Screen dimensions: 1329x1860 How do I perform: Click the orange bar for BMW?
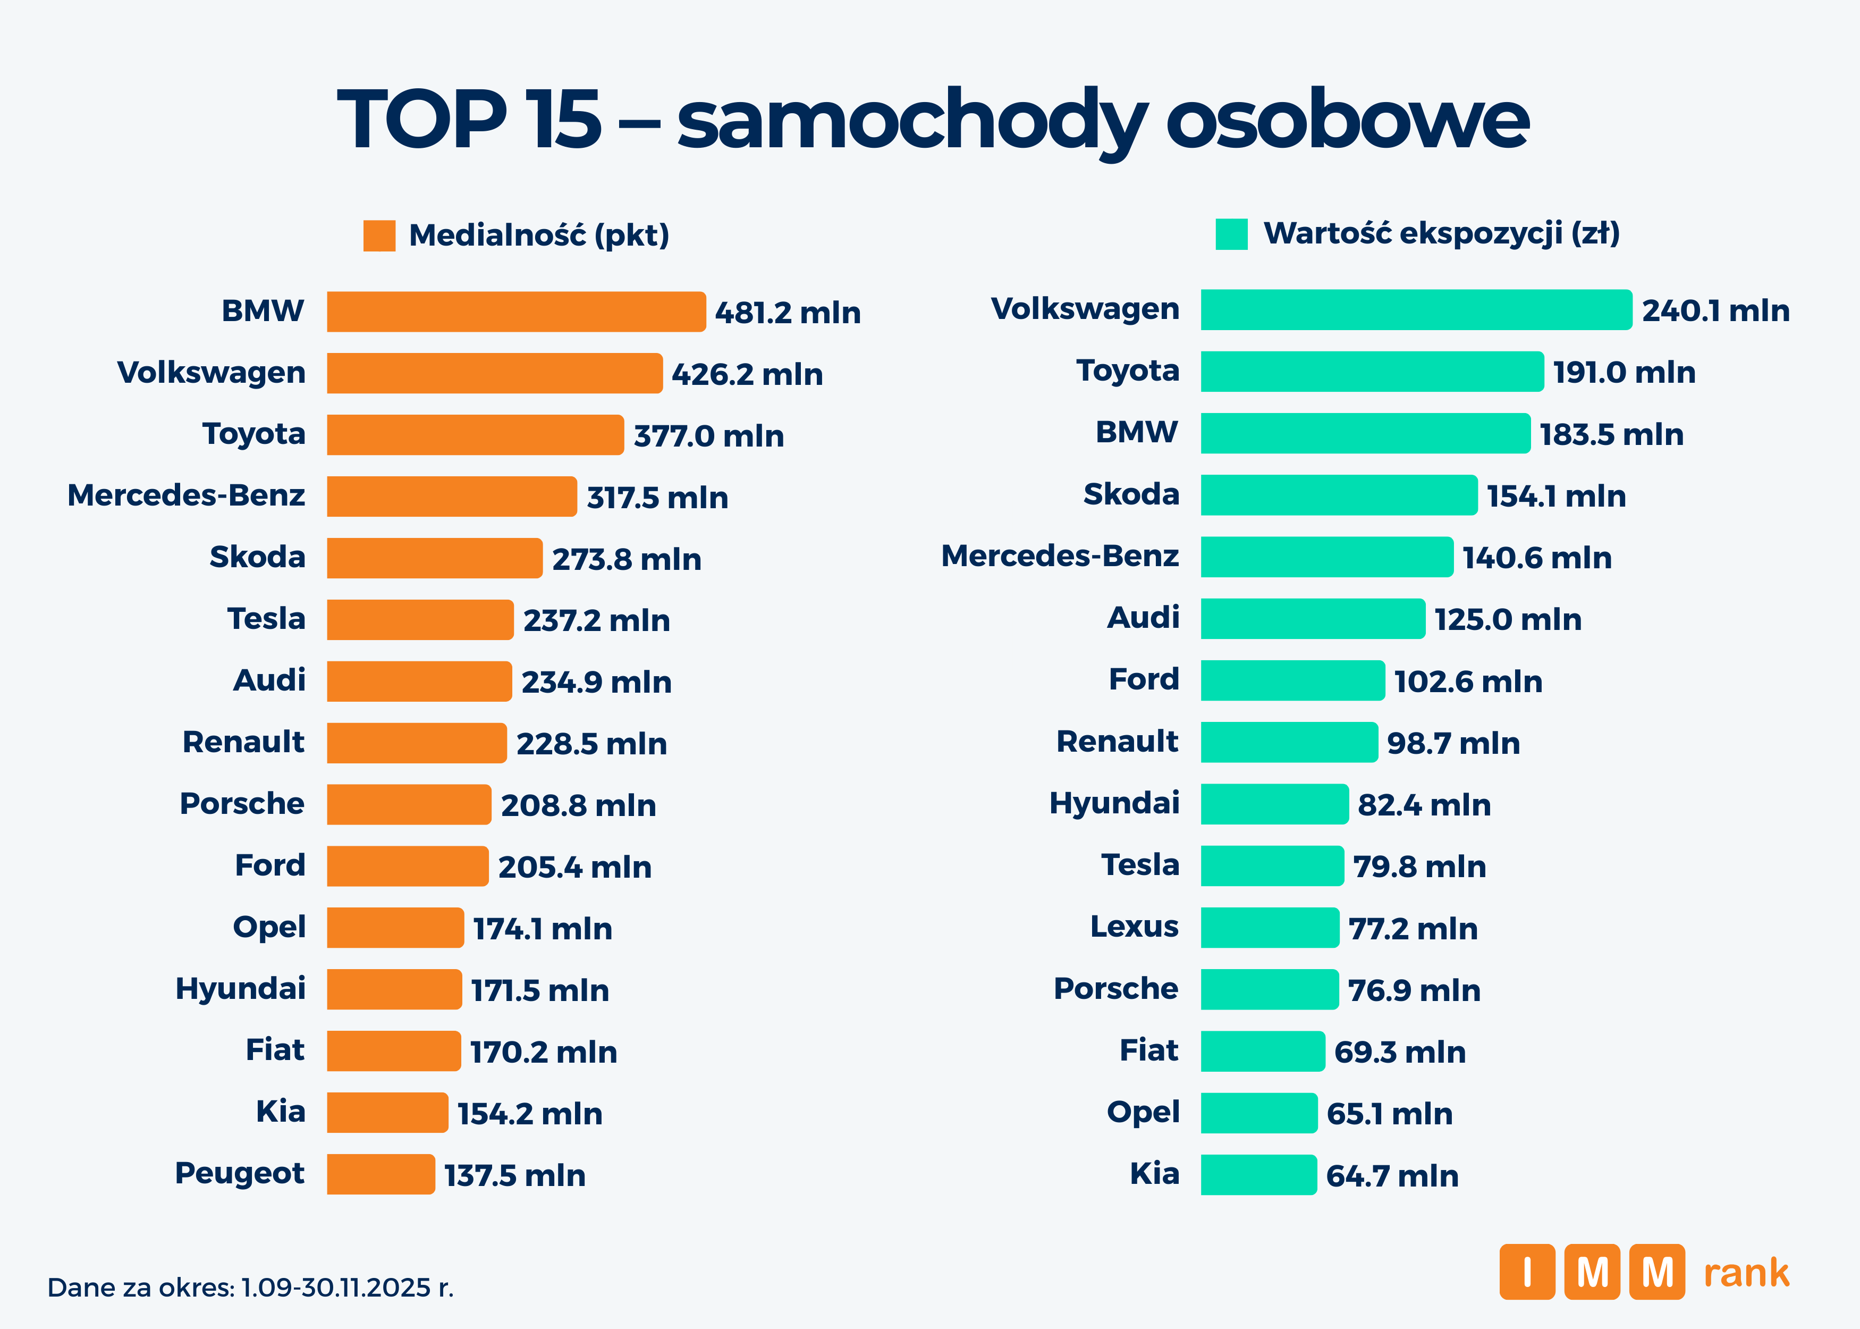pos(515,312)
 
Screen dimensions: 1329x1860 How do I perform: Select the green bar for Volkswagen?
pos(1415,309)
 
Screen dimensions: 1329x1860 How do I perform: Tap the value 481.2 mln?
pos(788,313)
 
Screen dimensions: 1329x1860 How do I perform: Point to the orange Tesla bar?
pos(420,619)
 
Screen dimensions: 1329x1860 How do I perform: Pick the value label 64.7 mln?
pos(1392,1176)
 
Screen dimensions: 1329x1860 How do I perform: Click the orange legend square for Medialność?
pos(379,235)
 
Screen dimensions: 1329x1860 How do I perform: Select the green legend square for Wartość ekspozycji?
pos(1231,234)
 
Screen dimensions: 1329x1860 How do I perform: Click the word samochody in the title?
pos(912,121)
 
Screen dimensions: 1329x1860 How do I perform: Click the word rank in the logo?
pos(1746,1273)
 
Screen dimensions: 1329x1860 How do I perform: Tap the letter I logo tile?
pos(1526,1272)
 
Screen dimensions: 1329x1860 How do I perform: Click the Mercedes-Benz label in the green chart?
pos(1060,557)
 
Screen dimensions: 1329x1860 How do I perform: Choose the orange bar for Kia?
pos(387,1112)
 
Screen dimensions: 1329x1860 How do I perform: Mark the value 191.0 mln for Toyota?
pos(1624,372)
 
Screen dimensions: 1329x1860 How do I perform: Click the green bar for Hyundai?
pos(1273,804)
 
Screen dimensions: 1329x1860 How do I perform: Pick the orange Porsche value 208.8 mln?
pos(578,806)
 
